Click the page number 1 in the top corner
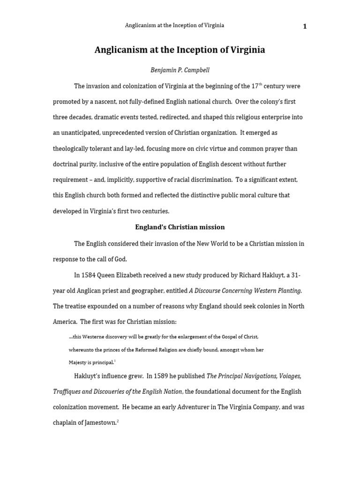tap(305, 26)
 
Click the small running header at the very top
tap(174, 25)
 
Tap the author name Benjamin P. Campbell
tap(180, 70)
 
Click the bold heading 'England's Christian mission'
tap(180, 227)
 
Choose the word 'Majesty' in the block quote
tap(78, 362)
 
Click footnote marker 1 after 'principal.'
tap(114, 361)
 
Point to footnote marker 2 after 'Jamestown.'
tap(118, 421)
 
